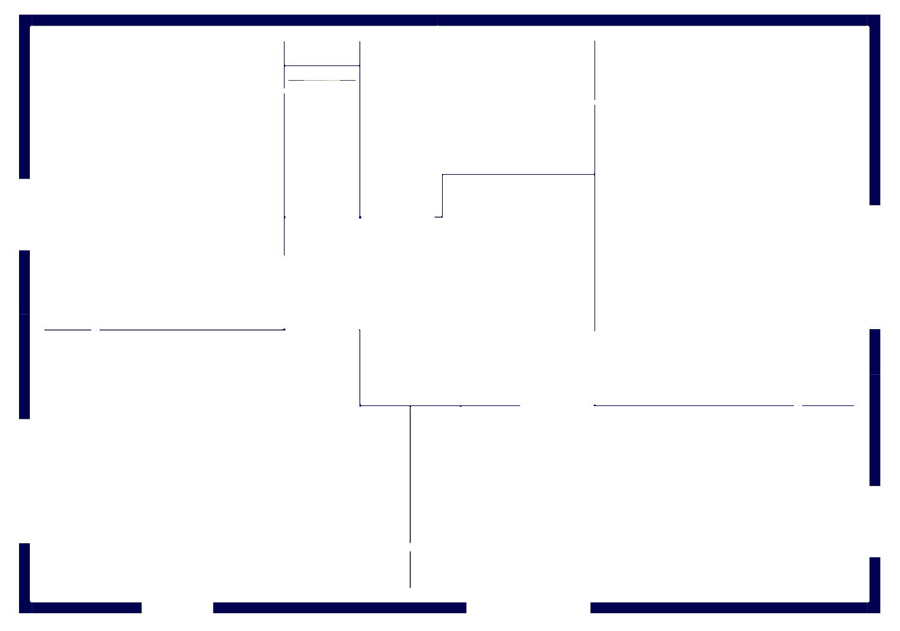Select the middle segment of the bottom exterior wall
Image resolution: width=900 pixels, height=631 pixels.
tap(339, 607)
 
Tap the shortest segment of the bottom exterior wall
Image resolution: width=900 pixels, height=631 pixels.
tap(85, 607)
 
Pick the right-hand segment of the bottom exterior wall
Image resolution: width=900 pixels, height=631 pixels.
tap(730, 607)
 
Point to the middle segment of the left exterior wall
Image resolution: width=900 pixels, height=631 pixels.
tap(25, 334)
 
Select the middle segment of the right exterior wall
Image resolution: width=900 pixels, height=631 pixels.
tap(875, 407)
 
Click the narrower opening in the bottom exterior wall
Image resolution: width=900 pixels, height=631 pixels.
tap(177, 607)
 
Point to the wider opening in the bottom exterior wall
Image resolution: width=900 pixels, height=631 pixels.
tap(528, 607)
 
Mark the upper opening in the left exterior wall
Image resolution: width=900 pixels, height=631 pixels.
tap(25, 215)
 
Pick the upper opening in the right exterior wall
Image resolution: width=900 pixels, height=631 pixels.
tap(875, 267)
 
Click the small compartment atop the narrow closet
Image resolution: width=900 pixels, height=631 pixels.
tap(322, 53)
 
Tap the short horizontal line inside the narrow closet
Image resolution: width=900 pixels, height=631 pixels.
tap(322, 81)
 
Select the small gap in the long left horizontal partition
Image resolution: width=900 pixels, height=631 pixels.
tap(96, 330)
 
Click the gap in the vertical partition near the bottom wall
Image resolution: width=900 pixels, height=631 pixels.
tap(410, 547)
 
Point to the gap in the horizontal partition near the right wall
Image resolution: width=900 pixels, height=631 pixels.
tap(798, 405)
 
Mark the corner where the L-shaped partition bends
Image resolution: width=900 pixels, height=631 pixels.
tap(443, 175)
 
